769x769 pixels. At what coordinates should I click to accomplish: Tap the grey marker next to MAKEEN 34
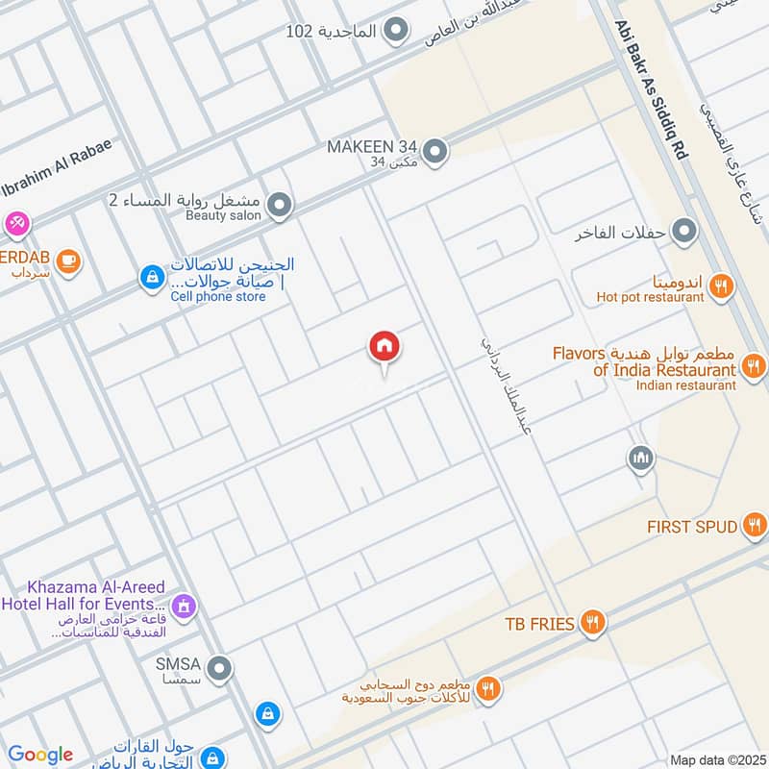coord(435,151)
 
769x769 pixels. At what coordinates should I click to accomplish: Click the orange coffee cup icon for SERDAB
coord(67,260)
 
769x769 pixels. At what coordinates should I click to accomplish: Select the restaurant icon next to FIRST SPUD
coord(755,525)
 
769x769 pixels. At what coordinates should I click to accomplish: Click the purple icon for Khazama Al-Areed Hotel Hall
coord(184,606)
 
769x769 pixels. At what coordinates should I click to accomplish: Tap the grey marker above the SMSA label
coord(220,667)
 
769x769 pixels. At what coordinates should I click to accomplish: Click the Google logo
coord(40,755)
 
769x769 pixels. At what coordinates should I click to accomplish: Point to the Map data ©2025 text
coord(716,759)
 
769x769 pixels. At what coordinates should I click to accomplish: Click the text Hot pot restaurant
coord(650,298)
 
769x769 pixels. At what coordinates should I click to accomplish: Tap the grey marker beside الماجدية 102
coord(394,31)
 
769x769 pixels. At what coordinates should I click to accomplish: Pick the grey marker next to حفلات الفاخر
coord(684,232)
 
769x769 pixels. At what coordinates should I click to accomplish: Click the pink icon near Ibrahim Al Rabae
coord(15,224)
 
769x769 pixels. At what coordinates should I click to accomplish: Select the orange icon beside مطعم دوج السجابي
coord(488,687)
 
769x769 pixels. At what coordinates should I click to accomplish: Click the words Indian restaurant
coord(685,385)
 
